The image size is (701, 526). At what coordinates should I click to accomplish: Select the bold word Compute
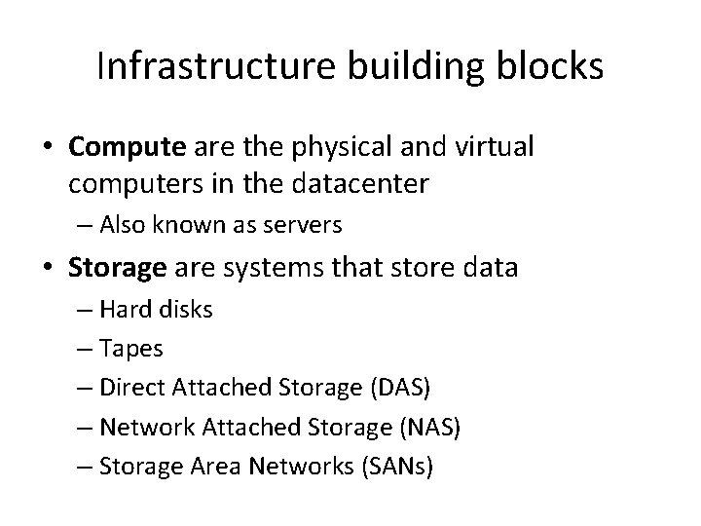(127, 148)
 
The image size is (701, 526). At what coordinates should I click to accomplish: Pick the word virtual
(499, 148)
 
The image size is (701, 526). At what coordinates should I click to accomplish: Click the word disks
(185, 310)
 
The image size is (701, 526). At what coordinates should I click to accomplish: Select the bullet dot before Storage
(48, 266)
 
